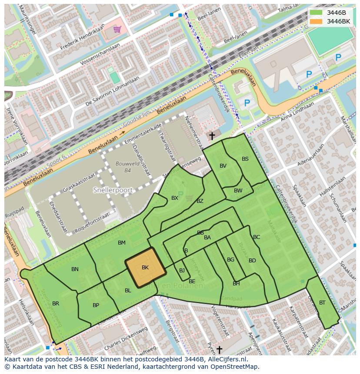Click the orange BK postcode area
145,268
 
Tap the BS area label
245,159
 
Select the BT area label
322,303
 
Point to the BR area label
56,304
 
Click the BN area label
75,269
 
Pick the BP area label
96,305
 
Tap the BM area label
122,243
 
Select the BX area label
175,198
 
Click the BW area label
238,191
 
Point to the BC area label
257,237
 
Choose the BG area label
230,260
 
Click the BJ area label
182,271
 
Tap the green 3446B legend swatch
316,13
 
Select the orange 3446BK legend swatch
316,21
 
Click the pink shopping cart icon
117,30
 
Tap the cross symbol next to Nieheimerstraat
212,136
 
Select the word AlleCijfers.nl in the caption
226,359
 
